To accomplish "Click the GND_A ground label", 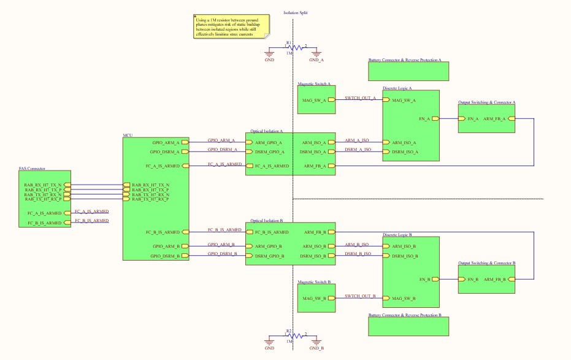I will click(316, 60).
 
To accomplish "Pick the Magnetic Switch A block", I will click(316, 99).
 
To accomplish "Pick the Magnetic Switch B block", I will click(316, 298).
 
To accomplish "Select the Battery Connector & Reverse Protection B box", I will click(408, 326).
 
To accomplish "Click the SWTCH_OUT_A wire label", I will click(360, 98).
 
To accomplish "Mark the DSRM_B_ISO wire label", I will click(358, 254).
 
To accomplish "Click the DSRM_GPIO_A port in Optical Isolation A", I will click(269, 151).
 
